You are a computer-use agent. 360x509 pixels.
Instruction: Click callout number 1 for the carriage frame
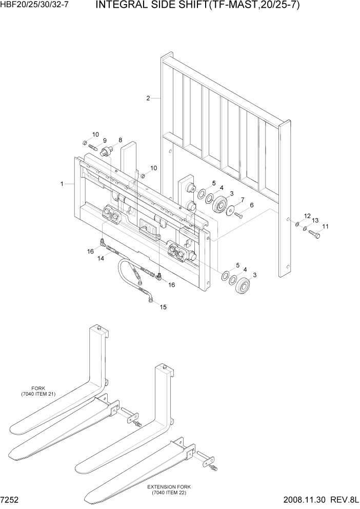click(62, 183)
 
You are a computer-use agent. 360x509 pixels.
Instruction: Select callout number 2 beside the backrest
click(148, 99)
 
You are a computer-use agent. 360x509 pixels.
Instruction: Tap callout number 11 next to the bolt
click(325, 226)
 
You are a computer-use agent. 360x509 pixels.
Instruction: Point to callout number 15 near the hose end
click(163, 307)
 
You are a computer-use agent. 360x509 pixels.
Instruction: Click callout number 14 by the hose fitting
click(101, 259)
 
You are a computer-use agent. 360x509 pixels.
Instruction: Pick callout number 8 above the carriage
click(120, 140)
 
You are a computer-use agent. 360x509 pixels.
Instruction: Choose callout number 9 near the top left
click(104, 141)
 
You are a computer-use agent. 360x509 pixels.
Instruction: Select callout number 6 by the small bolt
click(251, 205)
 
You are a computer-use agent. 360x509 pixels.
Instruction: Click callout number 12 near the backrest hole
click(307, 216)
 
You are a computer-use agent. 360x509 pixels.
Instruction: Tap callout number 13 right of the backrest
click(315, 220)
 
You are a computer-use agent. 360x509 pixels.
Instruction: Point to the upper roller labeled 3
click(222, 204)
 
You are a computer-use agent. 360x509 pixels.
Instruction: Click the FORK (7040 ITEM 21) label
click(38, 390)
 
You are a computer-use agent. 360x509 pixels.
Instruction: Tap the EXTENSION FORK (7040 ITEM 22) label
click(167, 490)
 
